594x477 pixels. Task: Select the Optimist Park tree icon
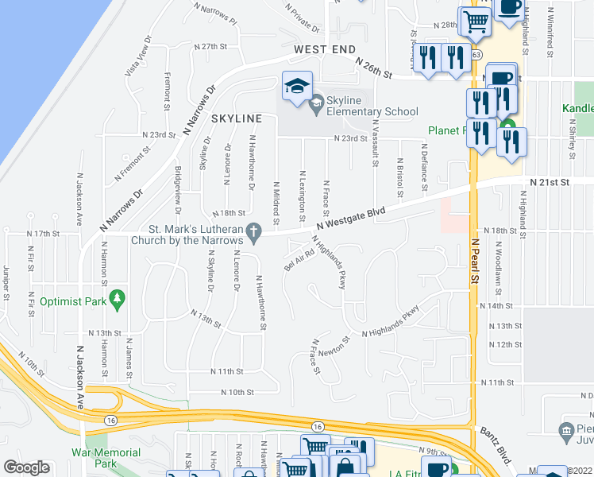coord(118,299)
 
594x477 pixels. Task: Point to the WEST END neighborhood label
coord(324,49)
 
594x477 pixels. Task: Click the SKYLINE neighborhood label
coord(237,118)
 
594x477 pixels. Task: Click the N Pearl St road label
coord(475,262)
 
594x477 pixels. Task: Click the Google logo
coord(26,467)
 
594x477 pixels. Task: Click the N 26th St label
coord(375,68)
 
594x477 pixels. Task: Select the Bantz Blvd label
coord(495,442)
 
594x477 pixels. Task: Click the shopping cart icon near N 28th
coord(475,21)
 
